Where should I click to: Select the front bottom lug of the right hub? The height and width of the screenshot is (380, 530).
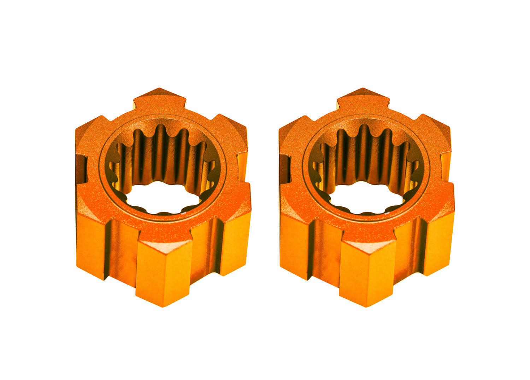[367, 269]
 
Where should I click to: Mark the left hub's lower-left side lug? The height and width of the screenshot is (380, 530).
[90, 244]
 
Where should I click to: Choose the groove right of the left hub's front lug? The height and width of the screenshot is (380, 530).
[205, 251]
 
